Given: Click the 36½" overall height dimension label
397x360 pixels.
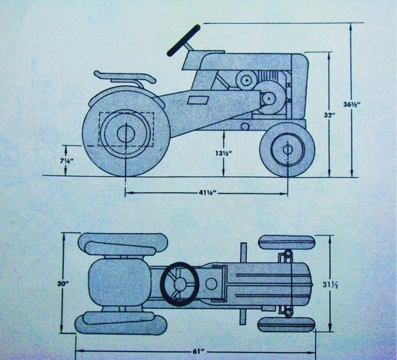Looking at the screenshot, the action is click(x=352, y=104).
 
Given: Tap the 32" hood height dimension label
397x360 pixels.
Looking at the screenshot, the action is click(x=329, y=115).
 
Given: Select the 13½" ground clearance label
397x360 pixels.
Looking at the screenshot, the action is click(x=224, y=153).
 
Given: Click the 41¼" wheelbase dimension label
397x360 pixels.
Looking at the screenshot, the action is click(x=207, y=193).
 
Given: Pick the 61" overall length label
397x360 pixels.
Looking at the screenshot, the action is click(x=197, y=352).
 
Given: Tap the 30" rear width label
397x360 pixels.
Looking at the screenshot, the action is click(x=62, y=283).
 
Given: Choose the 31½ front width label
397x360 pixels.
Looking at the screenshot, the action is click(x=330, y=285).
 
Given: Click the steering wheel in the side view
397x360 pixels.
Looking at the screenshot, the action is click(x=184, y=40).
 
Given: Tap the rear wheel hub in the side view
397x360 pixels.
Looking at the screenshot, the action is click(x=124, y=133).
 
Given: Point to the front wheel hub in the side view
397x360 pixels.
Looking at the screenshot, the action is click(x=287, y=149).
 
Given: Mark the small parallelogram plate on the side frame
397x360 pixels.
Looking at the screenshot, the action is click(x=198, y=100).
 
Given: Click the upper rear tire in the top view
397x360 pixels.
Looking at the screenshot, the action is click(x=123, y=244).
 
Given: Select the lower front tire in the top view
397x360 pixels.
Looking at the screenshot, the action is click(x=287, y=324).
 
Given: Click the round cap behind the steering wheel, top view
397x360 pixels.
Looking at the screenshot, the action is click(x=212, y=283).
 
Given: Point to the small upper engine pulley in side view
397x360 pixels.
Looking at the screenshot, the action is click(x=245, y=80).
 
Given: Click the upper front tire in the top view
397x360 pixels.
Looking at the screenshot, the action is click(x=287, y=242).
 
